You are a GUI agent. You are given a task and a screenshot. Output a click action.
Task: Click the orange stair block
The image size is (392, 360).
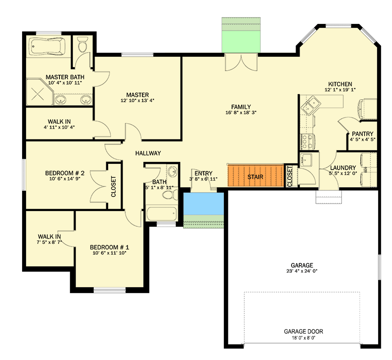tap(255, 177)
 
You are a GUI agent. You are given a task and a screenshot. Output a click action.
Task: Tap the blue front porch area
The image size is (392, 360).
tap(204, 204)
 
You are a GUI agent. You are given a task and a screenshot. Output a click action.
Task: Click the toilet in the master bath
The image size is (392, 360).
tap(82, 45)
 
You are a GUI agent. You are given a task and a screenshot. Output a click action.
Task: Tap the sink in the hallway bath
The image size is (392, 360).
tap(173, 172)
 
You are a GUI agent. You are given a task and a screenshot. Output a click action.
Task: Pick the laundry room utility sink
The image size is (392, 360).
tap(306, 160)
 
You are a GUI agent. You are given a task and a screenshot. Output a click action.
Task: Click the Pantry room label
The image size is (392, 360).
tap(363, 133)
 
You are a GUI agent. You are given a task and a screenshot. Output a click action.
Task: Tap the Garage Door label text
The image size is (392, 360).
tap(303, 332)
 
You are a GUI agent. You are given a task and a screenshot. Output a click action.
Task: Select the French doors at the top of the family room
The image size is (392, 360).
tap(237, 63)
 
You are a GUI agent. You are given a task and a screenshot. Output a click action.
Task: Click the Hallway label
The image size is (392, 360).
tap(148, 153)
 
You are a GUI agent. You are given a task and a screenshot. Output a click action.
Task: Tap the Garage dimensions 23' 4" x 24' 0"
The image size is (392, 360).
tap(302, 272)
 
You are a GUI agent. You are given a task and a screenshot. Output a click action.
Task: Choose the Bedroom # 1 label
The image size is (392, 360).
tap(109, 247)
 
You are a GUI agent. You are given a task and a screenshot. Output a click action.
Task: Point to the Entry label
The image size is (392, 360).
tap(203, 173)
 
